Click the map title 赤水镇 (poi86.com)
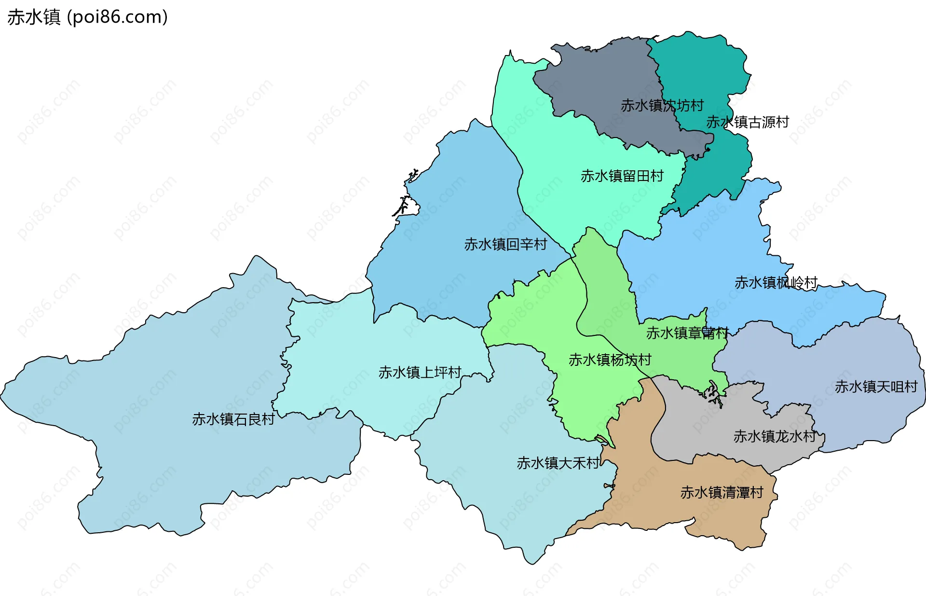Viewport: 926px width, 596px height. coord(87,17)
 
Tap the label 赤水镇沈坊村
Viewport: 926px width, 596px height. coord(662,105)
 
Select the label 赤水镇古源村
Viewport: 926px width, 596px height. coord(747,122)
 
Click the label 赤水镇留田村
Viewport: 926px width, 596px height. coord(622,176)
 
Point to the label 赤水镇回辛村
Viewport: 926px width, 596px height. coord(505,244)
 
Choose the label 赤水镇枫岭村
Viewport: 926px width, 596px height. coord(776,282)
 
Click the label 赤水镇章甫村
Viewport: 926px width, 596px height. coord(687,333)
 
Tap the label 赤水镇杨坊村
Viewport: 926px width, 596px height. coord(610,360)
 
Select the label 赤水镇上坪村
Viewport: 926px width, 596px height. coord(420,372)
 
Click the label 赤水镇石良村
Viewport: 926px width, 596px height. coord(233,419)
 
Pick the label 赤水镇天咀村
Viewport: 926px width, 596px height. coord(875,387)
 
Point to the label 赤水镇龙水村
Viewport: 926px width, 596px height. coord(774,436)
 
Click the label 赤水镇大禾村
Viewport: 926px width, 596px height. coord(558,463)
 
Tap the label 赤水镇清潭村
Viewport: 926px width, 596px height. coord(722,492)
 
